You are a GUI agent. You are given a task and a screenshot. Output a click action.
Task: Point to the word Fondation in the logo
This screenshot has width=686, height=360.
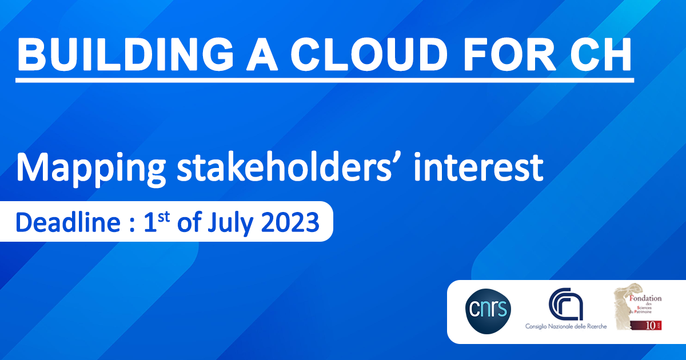[x=645, y=298]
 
